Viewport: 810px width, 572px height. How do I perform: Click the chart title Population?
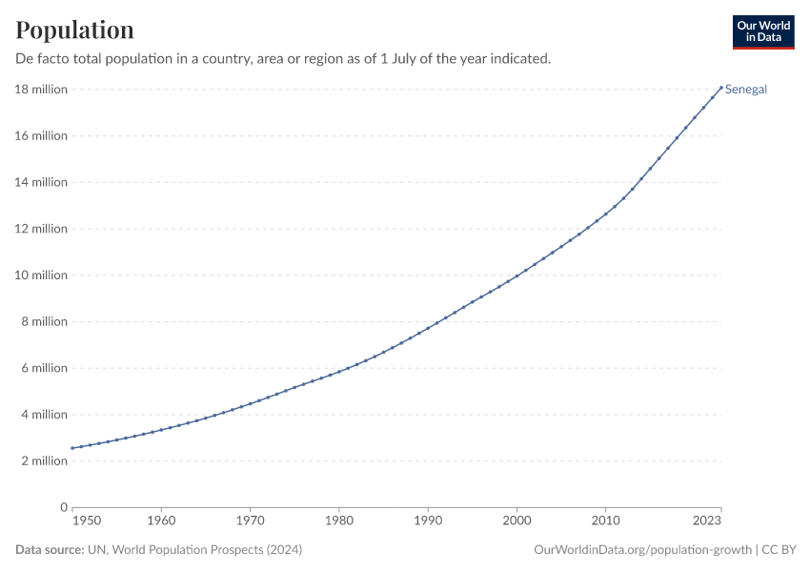(x=75, y=31)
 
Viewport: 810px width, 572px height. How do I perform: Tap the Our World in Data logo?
(x=763, y=31)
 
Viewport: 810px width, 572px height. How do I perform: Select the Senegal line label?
(x=746, y=90)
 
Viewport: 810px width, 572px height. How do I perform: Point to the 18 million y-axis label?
(x=41, y=90)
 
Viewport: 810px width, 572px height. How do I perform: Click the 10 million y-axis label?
(x=41, y=276)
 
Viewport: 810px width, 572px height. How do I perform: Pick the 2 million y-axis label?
(x=44, y=461)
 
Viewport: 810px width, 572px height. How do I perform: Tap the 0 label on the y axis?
(x=64, y=507)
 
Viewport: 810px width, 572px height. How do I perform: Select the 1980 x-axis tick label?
(x=339, y=521)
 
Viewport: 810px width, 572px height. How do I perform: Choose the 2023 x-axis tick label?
(x=707, y=521)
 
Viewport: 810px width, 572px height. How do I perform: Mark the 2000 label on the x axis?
(x=516, y=521)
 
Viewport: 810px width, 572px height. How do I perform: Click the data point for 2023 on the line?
(x=721, y=88)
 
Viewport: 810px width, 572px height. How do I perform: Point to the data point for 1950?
(x=72, y=448)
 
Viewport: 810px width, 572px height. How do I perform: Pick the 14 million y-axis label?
(x=41, y=182)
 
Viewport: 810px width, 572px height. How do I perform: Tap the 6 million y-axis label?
(x=44, y=368)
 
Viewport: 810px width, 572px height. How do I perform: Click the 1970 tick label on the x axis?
(x=250, y=521)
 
